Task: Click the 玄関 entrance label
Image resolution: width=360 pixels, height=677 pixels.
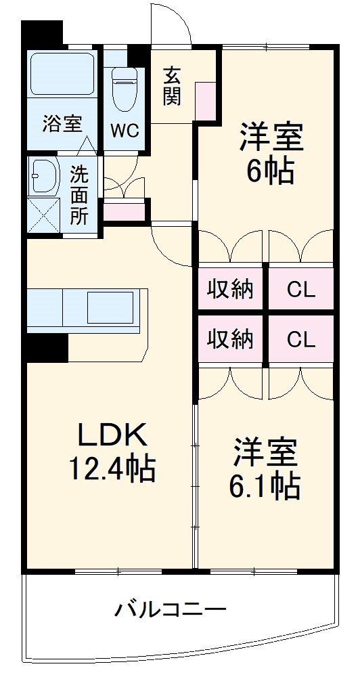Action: click(171, 86)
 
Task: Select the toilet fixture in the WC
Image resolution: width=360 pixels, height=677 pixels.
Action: click(125, 88)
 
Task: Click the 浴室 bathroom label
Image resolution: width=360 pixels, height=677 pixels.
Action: click(62, 124)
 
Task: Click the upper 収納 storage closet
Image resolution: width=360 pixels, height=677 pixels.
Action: click(230, 289)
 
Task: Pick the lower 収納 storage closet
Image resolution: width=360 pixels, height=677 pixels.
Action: click(230, 338)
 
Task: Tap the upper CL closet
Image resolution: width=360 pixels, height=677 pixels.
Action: click(300, 289)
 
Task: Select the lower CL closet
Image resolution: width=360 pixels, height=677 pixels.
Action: click(300, 338)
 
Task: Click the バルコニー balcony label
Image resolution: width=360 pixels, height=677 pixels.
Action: click(169, 610)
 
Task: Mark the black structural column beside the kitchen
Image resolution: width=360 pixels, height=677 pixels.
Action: click(47, 349)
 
